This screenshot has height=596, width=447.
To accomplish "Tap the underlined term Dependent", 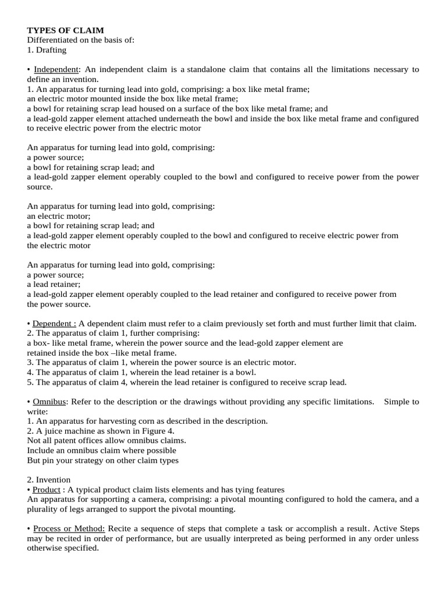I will pos(54,324).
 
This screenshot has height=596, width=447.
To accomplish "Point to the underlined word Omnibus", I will pos(51,402).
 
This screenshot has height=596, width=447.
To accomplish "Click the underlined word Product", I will pos(46,489).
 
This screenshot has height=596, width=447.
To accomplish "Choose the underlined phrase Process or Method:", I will pos(69,528).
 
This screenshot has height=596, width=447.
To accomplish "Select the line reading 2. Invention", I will pos(49,480).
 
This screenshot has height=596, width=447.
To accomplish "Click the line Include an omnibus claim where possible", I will pos(101,450).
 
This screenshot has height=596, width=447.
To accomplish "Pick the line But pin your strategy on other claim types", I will pos(102,460).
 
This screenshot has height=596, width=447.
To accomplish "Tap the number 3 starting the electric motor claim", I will pos(30,362).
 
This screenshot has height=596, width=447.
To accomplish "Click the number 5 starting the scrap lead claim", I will pos(30,382).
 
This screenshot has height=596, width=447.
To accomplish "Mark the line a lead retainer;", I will pos(54,284).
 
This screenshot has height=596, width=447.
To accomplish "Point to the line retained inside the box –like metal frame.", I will pos(102,353).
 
